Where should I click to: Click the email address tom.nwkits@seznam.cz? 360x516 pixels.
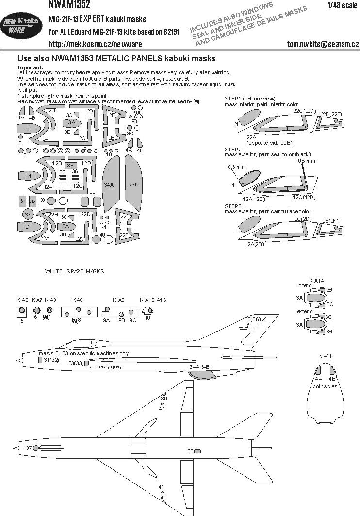click(x=322, y=44)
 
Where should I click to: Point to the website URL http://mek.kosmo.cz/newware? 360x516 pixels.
click(x=95, y=44)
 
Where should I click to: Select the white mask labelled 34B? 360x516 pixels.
click(x=134, y=184)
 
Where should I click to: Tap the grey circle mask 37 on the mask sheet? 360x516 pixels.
click(x=28, y=214)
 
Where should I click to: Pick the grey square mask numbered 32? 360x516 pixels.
click(x=33, y=201)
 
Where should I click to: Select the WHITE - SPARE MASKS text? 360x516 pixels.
click(x=74, y=271)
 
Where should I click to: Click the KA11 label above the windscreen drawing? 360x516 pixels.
click(x=324, y=357)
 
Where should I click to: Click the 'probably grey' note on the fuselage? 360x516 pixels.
click(x=106, y=366)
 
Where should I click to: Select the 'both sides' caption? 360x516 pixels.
click(x=325, y=386)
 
